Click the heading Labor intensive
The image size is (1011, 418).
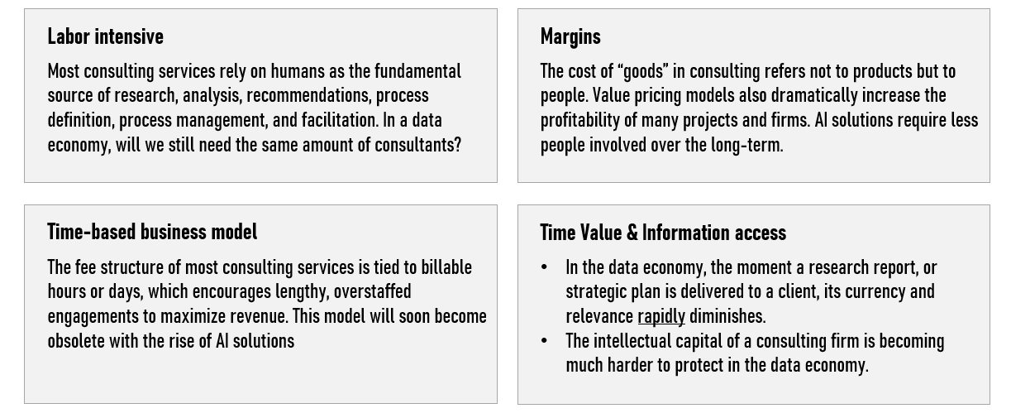(x=106, y=36)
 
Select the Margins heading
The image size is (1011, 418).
(x=570, y=37)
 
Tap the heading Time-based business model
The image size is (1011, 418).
(x=153, y=232)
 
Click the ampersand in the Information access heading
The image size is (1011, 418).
(x=632, y=233)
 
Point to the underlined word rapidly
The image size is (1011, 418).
(x=661, y=317)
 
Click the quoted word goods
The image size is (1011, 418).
(x=642, y=72)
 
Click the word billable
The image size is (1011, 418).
(x=446, y=267)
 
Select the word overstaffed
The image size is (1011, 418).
(x=372, y=292)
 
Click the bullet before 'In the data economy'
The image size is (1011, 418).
(x=544, y=267)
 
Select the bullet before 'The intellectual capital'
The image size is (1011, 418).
(x=544, y=341)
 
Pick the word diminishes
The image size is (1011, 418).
(x=727, y=317)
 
